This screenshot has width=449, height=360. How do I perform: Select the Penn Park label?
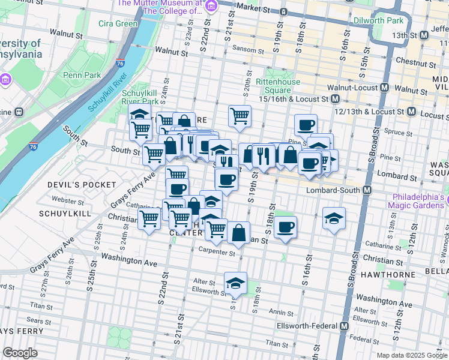(82, 76)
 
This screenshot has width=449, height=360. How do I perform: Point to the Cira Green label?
(118, 24)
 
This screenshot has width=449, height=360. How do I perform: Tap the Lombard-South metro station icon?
(366, 190)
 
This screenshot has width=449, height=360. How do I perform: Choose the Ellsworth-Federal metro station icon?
(344, 326)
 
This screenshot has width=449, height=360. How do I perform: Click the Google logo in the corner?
(20, 352)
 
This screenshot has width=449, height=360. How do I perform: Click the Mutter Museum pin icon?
(211, 7)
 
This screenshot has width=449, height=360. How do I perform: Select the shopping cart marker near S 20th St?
(240, 115)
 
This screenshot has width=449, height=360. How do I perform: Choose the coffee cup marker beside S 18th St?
(286, 227)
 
